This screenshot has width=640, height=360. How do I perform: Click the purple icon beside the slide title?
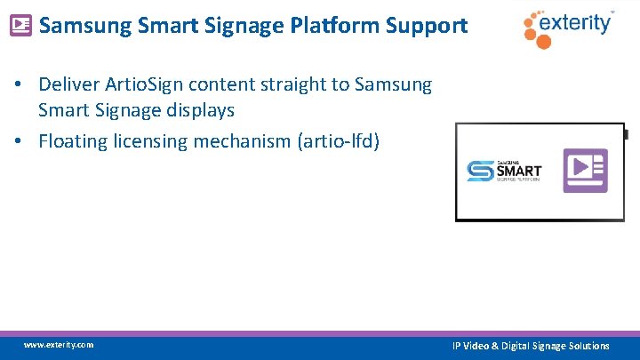pyautogui.click(x=20, y=26)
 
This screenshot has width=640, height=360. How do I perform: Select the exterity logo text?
pyautogui.click(x=579, y=22)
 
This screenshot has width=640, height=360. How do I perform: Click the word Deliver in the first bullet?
pyautogui.click(x=68, y=85)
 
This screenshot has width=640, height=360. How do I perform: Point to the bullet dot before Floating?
pyautogui.click(x=17, y=141)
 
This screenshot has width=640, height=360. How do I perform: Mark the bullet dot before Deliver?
pyautogui.click(x=17, y=86)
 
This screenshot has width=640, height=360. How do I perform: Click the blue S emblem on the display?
pyautogui.click(x=481, y=170)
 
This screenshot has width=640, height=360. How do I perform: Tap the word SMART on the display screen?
pyautogui.click(x=518, y=169)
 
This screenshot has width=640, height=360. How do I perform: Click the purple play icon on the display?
pyautogui.click(x=585, y=171)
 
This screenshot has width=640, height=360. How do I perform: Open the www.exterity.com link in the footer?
pyautogui.click(x=59, y=345)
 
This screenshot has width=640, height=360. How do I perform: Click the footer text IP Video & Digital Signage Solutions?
pyautogui.click(x=531, y=346)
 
